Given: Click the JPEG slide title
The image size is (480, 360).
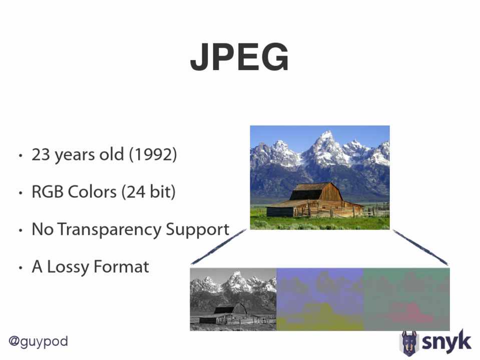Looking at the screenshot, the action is click(x=239, y=57).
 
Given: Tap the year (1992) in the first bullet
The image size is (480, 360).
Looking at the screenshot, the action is click(x=153, y=154).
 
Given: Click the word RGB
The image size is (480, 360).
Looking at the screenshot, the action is click(x=47, y=192).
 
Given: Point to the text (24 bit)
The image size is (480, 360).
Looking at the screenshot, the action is click(x=149, y=192).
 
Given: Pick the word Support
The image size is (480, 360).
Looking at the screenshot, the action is click(x=197, y=229).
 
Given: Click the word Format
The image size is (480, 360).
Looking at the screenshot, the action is click(x=121, y=266).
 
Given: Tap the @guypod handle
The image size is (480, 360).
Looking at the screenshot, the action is click(x=38, y=341).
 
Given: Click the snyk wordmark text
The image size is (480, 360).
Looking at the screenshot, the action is click(x=446, y=341).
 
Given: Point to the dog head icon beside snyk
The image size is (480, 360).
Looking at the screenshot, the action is click(x=409, y=343).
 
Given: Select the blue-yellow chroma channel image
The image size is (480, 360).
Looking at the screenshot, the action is click(x=320, y=299).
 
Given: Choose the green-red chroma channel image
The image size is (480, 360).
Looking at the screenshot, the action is click(x=406, y=299).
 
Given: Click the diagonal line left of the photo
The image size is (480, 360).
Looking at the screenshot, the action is click(x=218, y=247).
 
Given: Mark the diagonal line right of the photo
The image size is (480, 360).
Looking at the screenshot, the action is click(x=420, y=247).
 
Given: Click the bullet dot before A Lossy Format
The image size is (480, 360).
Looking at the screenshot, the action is click(x=21, y=268).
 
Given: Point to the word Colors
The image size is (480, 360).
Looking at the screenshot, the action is click(x=92, y=192).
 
